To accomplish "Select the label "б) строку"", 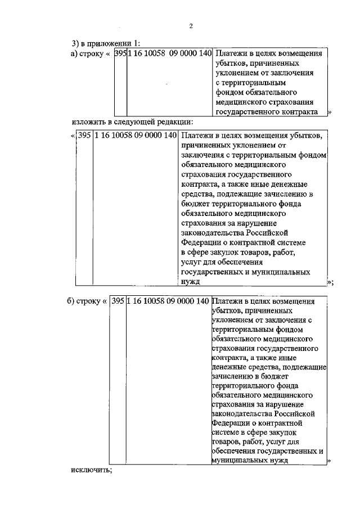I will [81, 301].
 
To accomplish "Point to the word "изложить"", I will [88, 121].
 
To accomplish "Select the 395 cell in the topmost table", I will [120, 55].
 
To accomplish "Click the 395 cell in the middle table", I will [84, 136].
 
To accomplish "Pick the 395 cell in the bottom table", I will [118, 301].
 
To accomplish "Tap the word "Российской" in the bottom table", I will [289, 413].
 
